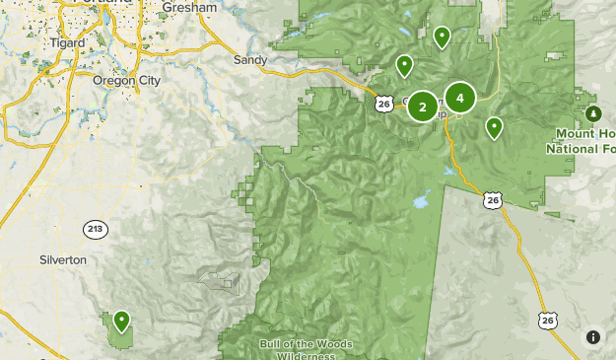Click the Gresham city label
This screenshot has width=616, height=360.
click(186, 6)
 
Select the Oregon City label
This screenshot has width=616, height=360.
click(122, 80)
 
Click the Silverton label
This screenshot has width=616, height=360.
click(62, 259)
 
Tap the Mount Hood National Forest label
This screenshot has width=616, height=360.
click(582, 141)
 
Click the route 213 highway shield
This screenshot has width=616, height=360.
click(95, 229)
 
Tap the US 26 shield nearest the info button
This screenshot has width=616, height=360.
click(548, 321)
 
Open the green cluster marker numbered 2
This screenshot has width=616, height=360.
click(423, 107)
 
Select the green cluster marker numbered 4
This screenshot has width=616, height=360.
click(459, 98)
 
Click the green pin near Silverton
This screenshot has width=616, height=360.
click(121, 321)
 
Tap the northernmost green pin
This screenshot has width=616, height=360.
click(442, 37)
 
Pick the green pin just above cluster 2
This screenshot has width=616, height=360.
click(404, 66)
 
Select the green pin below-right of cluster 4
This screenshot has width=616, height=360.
click(494, 127)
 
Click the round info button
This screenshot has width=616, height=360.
click(592, 337)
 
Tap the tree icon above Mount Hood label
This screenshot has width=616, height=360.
click(593, 113)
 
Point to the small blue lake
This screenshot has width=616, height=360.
click(421, 202)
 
